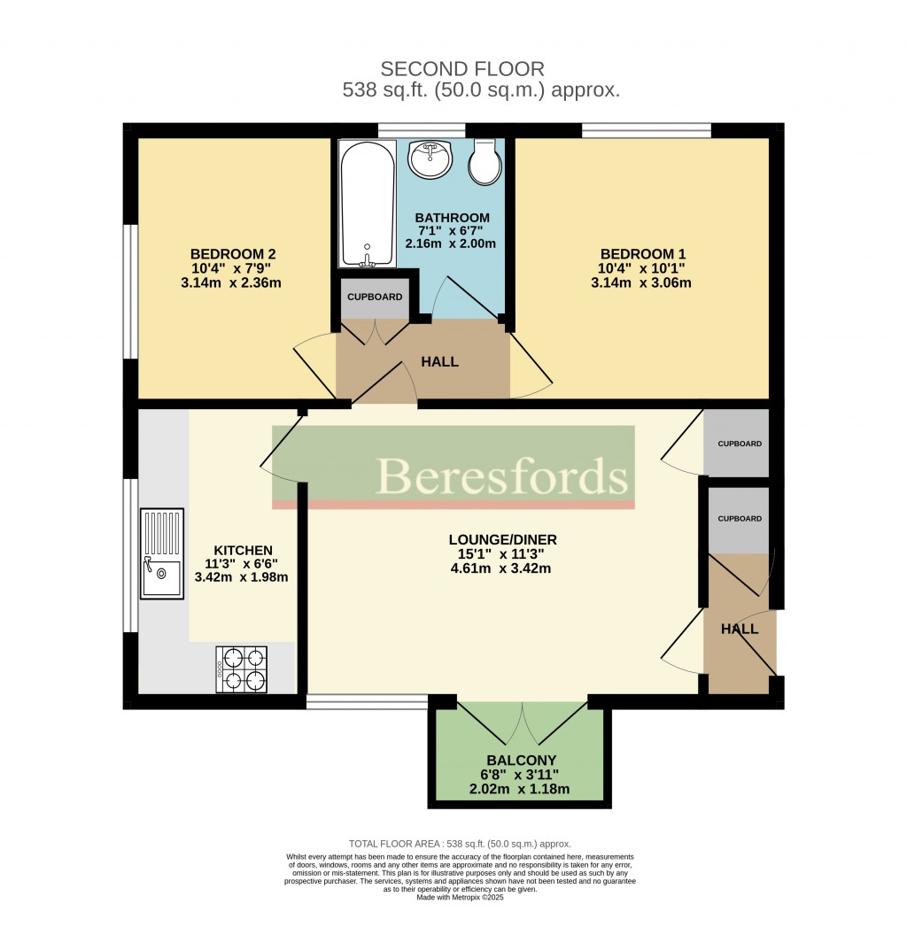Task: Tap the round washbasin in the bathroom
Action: (430, 160)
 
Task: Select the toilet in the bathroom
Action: (485, 161)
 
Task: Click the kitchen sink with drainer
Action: (161, 552)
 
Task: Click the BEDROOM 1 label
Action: (640, 251)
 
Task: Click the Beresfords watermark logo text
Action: (502, 476)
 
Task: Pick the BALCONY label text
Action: (521, 760)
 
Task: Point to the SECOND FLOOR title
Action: (461, 68)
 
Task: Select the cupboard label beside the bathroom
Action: (374, 297)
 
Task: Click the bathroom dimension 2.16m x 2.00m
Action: (450, 243)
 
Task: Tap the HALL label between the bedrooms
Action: (440, 361)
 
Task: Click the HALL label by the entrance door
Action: (740, 629)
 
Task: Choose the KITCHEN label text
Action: (242, 550)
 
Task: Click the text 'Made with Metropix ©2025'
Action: (461, 897)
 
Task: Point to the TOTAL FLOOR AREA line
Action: (461, 844)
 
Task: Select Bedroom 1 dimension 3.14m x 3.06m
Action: (640, 283)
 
